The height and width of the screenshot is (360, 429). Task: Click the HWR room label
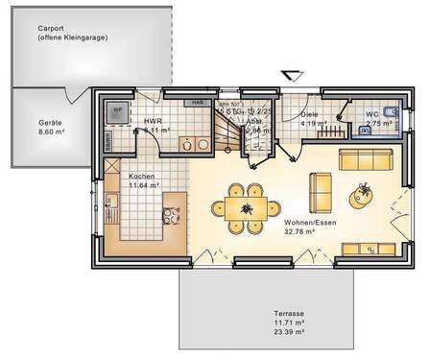tap(153, 122)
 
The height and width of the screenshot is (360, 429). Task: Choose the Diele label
tap(310, 114)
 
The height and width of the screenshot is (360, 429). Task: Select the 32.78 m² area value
tap(301, 230)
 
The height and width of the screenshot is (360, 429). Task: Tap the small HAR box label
tap(197, 103)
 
